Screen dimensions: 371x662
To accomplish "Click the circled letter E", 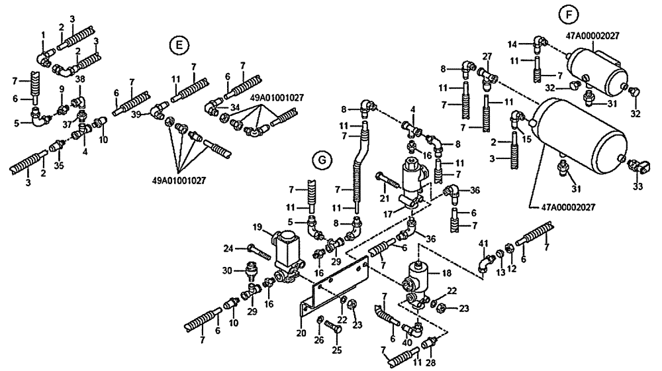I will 178,45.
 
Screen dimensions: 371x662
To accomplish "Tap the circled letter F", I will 567,14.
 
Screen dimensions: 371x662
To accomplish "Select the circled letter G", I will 320,160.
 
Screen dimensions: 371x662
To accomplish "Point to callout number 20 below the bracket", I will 302,333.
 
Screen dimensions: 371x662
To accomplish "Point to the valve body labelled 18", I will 415,276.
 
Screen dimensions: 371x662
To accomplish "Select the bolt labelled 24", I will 258,251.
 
